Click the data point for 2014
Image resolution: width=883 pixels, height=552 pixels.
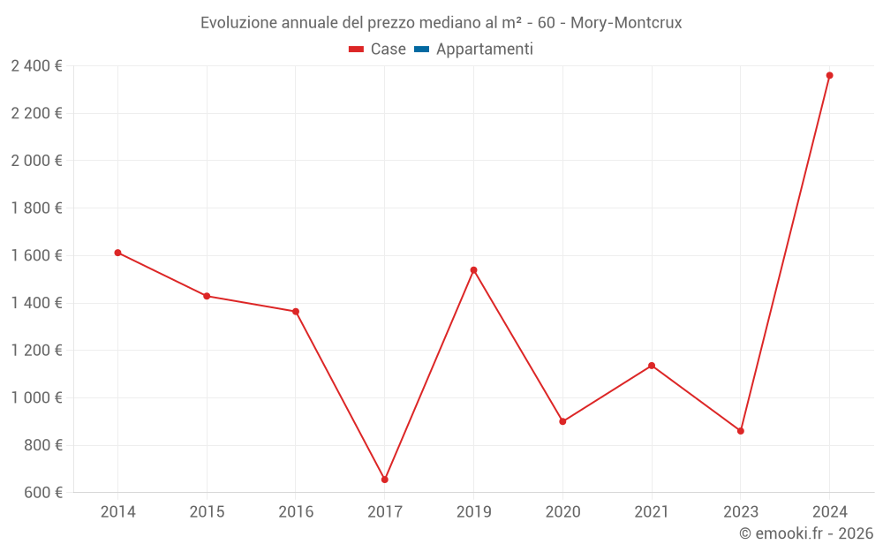tap(117, 253)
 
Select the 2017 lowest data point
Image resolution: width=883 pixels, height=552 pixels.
tap(385, 480)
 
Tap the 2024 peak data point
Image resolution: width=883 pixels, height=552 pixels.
tap(829, 75)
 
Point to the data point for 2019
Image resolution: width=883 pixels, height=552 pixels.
tap(473, 270)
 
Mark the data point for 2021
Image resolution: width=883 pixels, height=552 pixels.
tap(652, 366)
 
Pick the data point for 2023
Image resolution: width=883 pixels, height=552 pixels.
tap(740, 431)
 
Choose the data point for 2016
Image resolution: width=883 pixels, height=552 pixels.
tap(296, 312)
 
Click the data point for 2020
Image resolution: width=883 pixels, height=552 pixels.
tap(562, 421)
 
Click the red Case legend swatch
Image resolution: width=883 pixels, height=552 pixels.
tap(356, 49)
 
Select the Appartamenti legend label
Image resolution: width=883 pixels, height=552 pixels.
tap(484, 49)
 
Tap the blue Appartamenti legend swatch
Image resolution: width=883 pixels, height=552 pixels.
tap(421, 49)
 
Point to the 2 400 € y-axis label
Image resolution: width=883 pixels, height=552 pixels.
tap(36, 65)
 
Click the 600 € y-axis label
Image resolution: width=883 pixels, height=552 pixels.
tap(42, 492)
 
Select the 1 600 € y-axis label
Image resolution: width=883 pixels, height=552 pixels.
tap(36, 255)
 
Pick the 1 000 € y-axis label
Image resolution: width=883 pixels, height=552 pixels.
tap(36, 397)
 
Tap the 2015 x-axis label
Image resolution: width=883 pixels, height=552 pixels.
tap(207, 511)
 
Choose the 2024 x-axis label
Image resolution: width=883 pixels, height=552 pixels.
tap(829, 511)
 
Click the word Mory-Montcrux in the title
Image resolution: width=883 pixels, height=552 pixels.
tap(626, 23)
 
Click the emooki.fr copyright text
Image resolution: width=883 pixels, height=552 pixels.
tap(806, 533)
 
